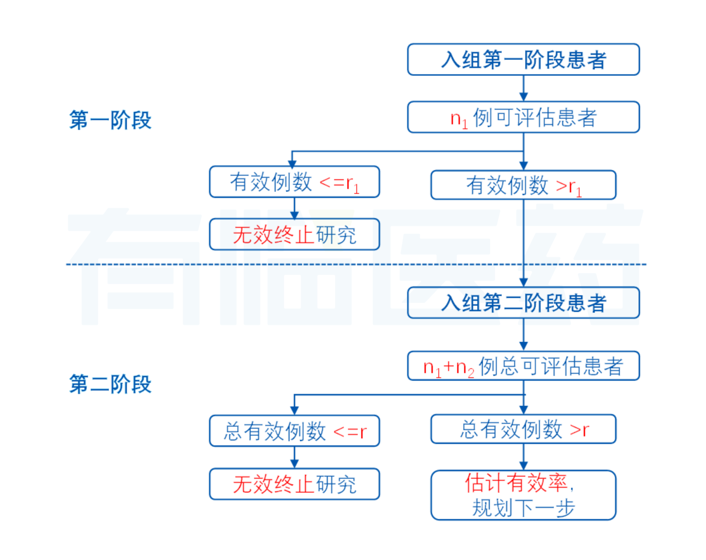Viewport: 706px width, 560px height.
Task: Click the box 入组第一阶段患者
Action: [523, 60]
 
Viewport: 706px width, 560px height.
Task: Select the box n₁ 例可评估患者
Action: [523, 117]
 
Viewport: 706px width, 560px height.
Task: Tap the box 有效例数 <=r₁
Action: [294, 182]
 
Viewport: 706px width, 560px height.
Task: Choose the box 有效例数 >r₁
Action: [523, 185]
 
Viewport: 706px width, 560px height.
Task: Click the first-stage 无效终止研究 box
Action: [294, 234]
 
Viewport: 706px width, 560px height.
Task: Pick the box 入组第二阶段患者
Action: [523, 303]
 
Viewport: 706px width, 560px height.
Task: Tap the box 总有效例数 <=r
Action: [294, 431]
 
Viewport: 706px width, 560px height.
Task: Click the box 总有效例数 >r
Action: [523, 429]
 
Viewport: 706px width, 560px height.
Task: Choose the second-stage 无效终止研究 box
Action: [294, 484]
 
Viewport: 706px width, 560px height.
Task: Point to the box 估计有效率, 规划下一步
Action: [523, 495]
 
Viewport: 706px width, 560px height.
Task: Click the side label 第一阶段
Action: [110, 120]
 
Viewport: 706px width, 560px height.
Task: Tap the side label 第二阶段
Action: [110, 384]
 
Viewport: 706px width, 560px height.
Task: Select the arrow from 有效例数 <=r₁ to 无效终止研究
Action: [295, 208]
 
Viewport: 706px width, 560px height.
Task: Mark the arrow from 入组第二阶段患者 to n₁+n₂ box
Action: [523, 335]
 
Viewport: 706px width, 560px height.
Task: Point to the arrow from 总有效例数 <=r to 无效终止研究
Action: [295, 457]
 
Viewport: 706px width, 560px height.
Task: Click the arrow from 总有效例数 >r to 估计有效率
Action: [523, 457]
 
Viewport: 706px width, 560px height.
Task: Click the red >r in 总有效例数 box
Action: [579, 429]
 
